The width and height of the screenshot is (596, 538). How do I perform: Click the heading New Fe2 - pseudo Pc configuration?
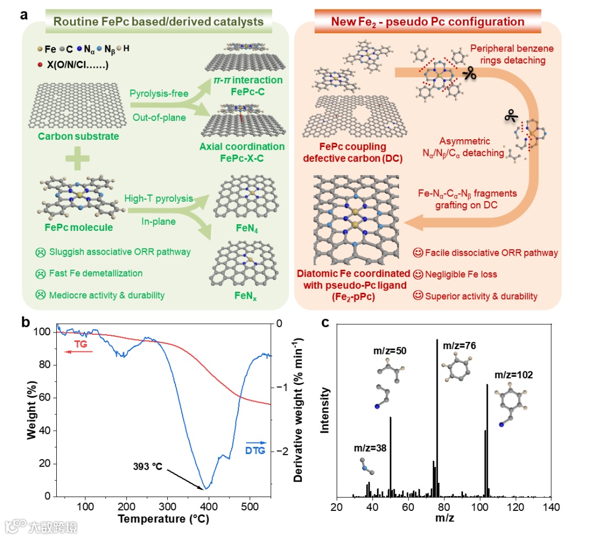coord(428,22)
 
